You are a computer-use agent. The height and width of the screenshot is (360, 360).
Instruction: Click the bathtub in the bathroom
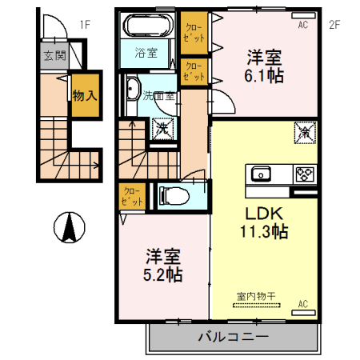tap(146, 26)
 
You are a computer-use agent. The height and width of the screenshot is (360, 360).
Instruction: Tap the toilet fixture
tap(174, 196)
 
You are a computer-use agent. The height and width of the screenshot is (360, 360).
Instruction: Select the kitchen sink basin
tap(261, 174)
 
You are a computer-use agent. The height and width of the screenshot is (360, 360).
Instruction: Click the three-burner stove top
tap(305, 174)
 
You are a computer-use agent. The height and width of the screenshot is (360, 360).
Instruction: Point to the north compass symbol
tap(70, 227)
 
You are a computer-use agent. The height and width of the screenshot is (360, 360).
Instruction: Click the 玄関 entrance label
tap(54, 55)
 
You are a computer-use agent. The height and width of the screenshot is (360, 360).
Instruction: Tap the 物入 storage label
tap(85, 95)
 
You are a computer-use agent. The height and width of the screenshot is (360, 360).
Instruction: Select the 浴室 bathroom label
tap(146, 53)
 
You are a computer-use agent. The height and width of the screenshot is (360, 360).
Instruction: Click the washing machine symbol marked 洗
tap(162, 129)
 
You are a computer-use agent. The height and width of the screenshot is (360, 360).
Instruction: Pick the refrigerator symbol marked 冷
tap(305, 133)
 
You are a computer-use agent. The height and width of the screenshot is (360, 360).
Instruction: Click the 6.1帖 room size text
tap(264, 76)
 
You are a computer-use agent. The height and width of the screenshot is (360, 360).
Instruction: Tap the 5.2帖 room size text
tap(163, 274)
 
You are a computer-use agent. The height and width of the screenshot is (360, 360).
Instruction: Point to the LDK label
tap(264, 214)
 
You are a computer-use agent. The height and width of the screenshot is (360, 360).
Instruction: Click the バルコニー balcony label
tap(233, 337)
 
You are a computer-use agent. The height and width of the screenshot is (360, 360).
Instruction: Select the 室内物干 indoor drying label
tap(256, 296)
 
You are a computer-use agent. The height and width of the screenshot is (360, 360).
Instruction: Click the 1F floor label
tap(85, 25)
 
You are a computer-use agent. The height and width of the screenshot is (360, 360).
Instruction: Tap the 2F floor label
tap(334, 25)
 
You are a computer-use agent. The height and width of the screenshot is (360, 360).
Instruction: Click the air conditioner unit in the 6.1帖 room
tap(303, 15)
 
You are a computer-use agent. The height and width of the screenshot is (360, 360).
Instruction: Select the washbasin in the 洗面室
tap(132, 89)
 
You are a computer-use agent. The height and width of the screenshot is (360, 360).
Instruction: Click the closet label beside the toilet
tap(132, 197)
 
